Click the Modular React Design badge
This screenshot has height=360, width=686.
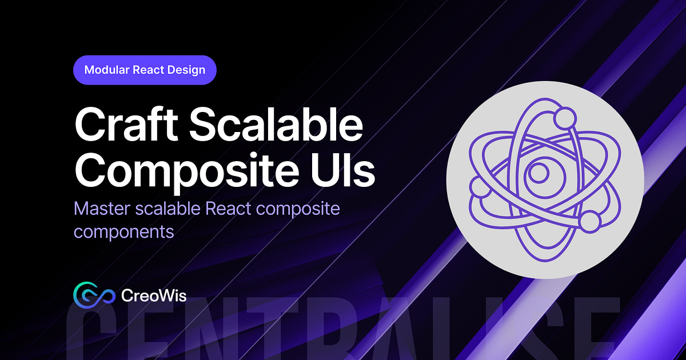click(x=145, y=70)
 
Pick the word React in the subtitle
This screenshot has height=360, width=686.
click(x=228, y=209)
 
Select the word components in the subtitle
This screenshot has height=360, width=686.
click(x=123, y=232)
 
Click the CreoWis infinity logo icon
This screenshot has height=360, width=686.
click(x=91, y=295)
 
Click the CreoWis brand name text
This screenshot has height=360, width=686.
click(x=154, y=295)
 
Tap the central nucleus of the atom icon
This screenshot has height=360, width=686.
click(x=538, y=171)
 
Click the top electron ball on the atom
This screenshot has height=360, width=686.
click(x=565, y=119)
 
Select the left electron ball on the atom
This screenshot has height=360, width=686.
click(x=477, y=186)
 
